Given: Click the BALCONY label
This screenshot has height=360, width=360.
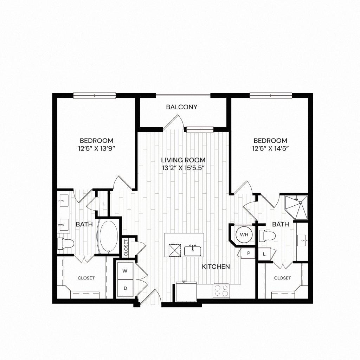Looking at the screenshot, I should [182, 107].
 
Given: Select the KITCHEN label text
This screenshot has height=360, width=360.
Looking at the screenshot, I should [216, 267].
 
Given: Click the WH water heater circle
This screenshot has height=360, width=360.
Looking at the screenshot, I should [244, 234].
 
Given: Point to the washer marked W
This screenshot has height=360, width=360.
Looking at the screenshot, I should [125, 271].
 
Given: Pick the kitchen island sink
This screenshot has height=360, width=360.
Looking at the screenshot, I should [193, 250].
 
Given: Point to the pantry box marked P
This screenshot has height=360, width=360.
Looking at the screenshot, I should [248, 253].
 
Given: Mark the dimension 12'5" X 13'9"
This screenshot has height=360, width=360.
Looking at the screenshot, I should [96, 148].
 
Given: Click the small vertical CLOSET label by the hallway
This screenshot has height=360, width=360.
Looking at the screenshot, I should [126, 247].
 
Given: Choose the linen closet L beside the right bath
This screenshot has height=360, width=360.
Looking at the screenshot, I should [264, 254].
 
